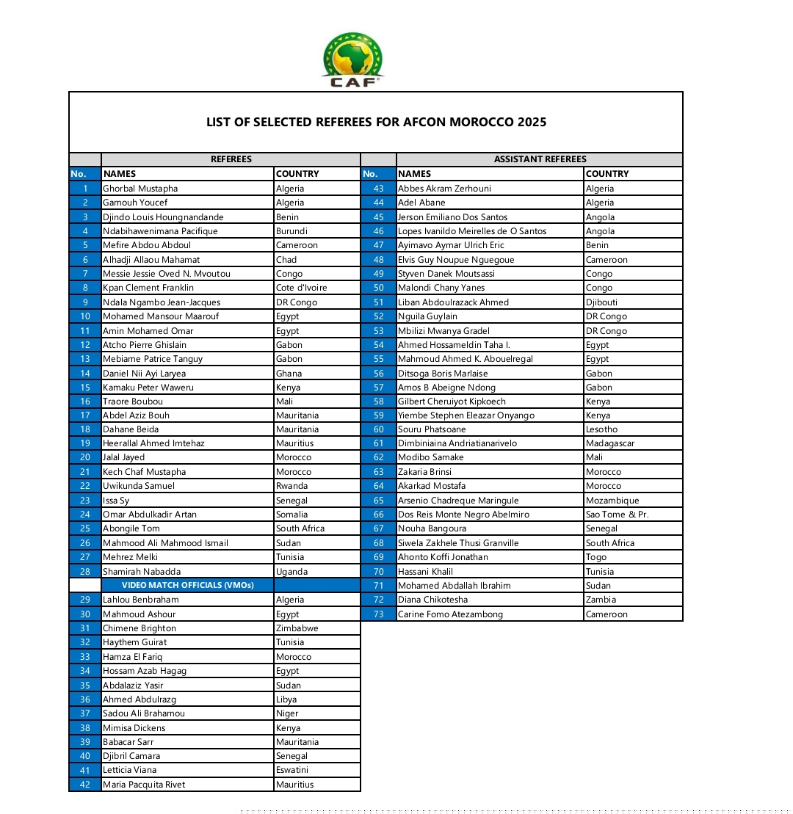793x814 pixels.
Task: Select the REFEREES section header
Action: (231, 159)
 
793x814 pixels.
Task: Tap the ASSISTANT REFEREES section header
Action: (540, 159)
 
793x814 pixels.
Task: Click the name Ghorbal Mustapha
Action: (140, 189)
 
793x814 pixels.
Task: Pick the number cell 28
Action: (85, 571)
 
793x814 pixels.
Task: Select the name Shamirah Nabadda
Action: (142, 571)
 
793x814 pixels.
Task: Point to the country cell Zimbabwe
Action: (297, 628)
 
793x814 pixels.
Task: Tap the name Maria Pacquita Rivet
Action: (144, 785)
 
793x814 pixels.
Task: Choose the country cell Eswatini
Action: (292, 770)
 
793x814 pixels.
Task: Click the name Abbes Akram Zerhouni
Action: (445, 189)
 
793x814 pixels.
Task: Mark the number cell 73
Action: (379, 614)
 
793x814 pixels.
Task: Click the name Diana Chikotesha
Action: (432, 600)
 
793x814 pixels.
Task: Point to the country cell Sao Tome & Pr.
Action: (617, 515)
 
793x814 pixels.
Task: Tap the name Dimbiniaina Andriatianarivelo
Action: (457, 443)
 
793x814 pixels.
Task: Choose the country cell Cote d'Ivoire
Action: (302, 288)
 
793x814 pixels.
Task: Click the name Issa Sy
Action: (116, 501)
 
